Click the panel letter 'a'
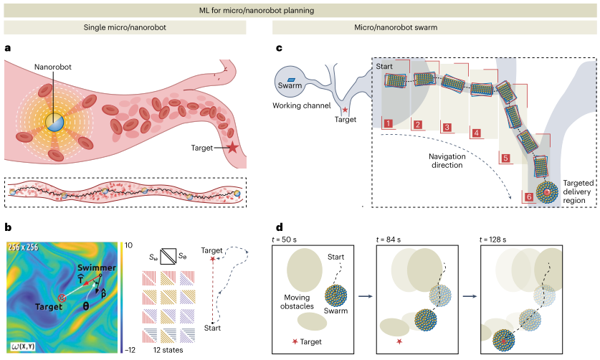(7, 49)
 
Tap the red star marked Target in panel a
(233, 149)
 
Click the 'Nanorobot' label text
(57, 67)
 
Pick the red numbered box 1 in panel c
(388, 123)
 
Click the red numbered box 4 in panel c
(476, 133)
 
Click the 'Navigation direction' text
(432, 159)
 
